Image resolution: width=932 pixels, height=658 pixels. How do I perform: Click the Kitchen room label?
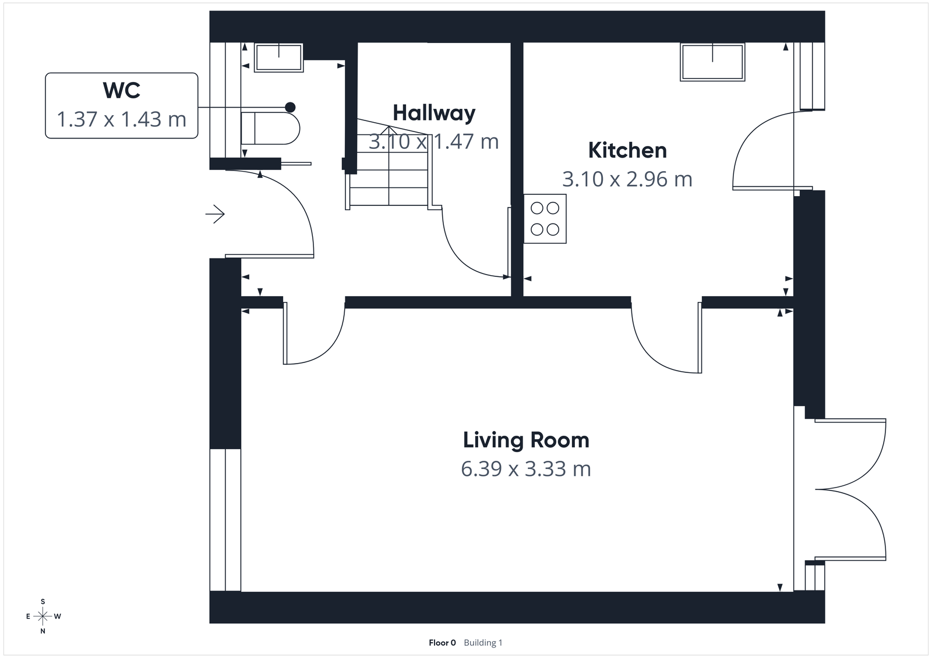627,150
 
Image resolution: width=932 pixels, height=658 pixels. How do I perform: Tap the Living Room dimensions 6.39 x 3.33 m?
525,468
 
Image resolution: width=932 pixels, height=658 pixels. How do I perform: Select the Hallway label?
434,113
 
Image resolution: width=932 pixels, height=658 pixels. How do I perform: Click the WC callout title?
121,91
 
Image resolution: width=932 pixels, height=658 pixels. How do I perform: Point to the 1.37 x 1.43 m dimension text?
121,119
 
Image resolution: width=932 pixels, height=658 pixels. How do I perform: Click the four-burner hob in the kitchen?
545,219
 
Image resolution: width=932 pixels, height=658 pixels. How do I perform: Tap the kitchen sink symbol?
713,62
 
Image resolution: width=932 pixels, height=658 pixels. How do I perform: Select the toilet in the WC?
271,128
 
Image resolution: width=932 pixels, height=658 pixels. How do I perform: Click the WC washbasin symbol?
278,58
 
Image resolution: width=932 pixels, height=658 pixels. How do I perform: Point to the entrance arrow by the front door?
215,215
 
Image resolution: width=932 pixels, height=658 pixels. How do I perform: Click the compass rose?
43,616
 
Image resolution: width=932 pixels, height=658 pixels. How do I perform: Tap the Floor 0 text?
442,643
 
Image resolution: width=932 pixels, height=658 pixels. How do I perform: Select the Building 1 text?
483,643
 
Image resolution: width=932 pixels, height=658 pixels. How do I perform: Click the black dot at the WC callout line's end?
290,107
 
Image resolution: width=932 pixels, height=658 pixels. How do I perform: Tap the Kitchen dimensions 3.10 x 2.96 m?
627,179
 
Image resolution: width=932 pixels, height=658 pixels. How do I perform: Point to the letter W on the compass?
58,616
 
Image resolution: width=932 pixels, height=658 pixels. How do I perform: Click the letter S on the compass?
43,602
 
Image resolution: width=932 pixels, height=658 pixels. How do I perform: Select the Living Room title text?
525,440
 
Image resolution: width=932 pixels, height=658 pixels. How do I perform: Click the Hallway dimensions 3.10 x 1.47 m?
434,141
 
